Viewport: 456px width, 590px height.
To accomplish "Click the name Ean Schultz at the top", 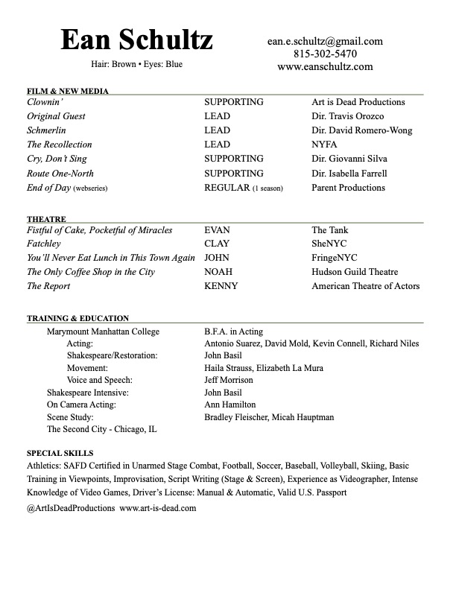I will coord(136,40).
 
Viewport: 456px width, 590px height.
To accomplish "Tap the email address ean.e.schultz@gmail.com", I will coord(325,42).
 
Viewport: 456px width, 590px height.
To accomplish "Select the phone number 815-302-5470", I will coord(325,54).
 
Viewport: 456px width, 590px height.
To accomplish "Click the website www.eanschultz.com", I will coord(325,67).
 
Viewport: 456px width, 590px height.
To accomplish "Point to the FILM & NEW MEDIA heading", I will coord(68,92).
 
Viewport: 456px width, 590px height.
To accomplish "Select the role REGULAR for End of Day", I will coord(227,188).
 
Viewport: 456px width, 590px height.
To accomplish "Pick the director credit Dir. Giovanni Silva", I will coord(349,159).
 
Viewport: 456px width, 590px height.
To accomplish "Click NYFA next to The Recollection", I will coord(325,145).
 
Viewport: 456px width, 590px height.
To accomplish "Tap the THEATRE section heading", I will coord(46,220).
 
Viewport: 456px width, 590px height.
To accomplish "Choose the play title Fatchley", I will coord(45,244).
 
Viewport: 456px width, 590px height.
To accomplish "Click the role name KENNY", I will coord(221,286).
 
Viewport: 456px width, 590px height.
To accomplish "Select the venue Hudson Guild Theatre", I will coord(355,272).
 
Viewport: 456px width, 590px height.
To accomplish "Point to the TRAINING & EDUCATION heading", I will coord(78,319).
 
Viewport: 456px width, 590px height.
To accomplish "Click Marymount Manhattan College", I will coord(103,332).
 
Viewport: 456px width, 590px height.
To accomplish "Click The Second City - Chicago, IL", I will coord(101,429).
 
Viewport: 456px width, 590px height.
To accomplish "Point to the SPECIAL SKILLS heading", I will coord(60,453).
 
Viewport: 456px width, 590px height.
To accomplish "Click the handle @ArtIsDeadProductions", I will coord(71,508).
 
